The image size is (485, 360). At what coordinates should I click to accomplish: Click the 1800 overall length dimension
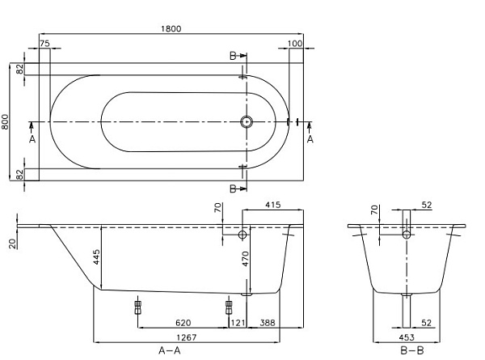pos(171,28)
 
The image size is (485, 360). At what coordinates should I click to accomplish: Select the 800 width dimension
pos(6,122)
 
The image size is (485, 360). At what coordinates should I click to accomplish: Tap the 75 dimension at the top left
pos(44,43)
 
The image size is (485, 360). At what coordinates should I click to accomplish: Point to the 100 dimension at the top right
pos(295,43)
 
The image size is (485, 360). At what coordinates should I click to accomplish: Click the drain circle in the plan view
pos(247,122)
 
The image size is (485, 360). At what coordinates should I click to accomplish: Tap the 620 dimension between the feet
pos(183,323)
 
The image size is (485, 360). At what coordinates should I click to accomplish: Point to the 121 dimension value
pos(238,323)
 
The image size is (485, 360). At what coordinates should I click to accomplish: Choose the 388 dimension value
pos(268,323)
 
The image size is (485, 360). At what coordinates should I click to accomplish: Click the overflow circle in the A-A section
pos(242,234)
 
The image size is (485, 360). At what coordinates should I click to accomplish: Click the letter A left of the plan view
pos(32,139)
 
